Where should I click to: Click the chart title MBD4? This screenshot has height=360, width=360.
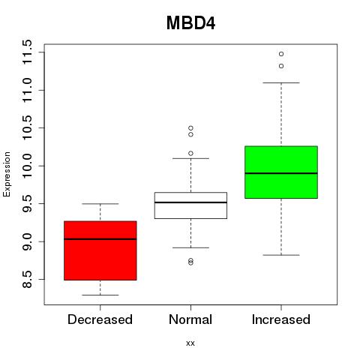click(190, 23)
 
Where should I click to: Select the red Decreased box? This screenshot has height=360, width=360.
click(100, 250)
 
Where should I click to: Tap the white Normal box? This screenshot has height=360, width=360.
click(190, 205)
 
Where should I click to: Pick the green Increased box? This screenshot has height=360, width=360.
click(281, 172)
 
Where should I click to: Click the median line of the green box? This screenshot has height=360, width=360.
click(281, 173)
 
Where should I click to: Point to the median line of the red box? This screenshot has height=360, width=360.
click(100, 239)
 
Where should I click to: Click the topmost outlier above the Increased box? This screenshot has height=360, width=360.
click(281, 54)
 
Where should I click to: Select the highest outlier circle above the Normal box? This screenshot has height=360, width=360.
click(190, 128)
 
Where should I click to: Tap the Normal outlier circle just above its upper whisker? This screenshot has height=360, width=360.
click(190, 154)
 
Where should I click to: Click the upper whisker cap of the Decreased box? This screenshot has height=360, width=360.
click(100, 204)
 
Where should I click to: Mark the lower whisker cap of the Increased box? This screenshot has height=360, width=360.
click(281, 255)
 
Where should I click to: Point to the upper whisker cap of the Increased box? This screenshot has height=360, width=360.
click(281, 82)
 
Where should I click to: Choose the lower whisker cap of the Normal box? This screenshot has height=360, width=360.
click(190, 247)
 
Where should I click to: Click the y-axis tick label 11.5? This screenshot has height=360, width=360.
click(27, 52)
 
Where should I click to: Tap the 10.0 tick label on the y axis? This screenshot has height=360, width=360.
click(27, 166)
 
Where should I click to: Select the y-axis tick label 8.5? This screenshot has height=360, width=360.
click(27, 279)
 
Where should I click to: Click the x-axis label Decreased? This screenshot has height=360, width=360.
click(100, 319)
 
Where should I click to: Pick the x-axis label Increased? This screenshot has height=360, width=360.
click(281, 319)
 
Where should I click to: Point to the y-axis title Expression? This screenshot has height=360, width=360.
click(7, 175)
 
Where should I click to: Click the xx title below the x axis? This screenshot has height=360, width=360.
click(190, 343)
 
